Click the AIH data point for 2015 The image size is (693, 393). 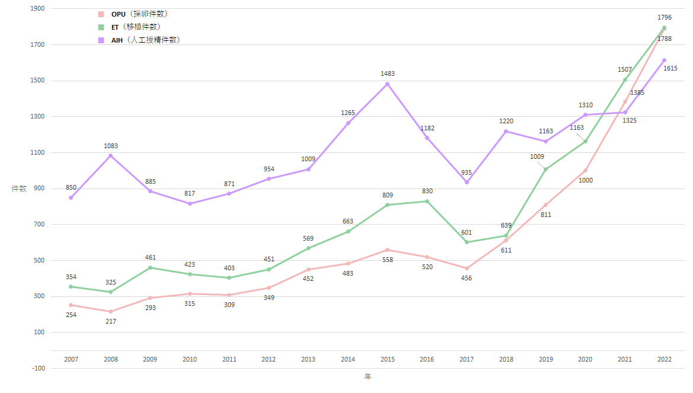point(388,84)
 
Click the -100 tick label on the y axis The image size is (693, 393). point(37,368)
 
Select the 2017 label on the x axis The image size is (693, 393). point(467,359)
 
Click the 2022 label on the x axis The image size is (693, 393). point(664,359)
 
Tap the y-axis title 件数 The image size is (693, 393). point(19,188)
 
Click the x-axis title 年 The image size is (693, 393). point(368,376)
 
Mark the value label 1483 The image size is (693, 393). point(388,74)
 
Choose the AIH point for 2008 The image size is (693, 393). point(111,156)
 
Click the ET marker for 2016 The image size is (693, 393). point(427,202)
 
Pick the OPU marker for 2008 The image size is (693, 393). point(111,311)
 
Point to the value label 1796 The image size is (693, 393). point(664,17)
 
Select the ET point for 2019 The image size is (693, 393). point(545,169)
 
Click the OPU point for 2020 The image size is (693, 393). point(585,171)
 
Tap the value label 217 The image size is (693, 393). point(111,321)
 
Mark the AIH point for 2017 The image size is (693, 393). point(467,182)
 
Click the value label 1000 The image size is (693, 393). point(585,180)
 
